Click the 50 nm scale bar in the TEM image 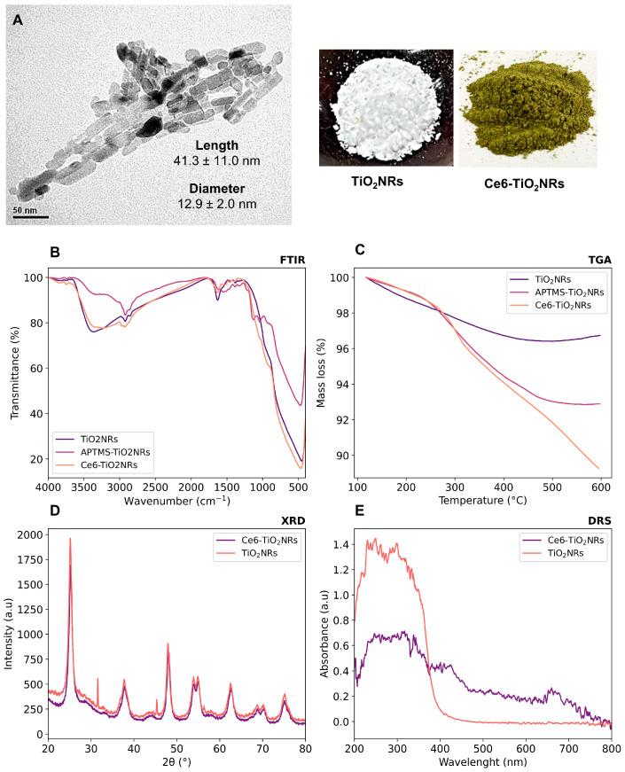click(29, 216)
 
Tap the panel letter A click(18, 17)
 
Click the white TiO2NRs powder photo click(387, 107)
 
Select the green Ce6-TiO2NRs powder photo click(527, 107)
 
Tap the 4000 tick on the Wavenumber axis click(49, 487)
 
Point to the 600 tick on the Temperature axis click(601, 487)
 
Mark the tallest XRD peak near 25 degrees click(70, 541)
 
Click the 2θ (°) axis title click(177, 763)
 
